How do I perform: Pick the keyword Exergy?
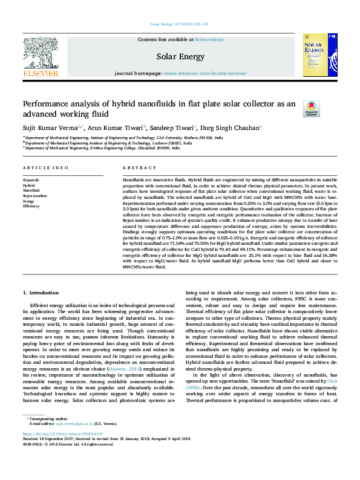pos(28,201)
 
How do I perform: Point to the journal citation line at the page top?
pos(180,25)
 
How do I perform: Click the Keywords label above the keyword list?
pos(31,180)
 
